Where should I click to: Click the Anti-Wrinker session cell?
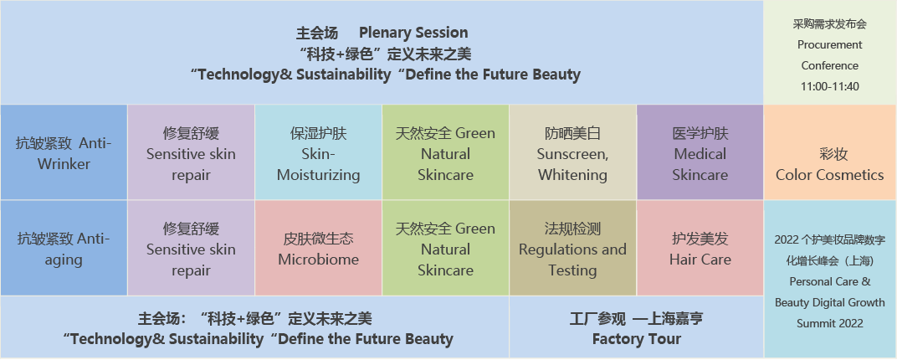pos(64,152)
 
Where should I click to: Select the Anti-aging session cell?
pos(64,248)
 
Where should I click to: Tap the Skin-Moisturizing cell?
pos(318,152)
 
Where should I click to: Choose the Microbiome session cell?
pos(318,248)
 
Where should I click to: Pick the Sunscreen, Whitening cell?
pos(572,152)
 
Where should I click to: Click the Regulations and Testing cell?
pos(572,248)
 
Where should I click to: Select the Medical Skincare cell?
pos(700,152)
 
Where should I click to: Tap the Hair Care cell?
pos(700,248)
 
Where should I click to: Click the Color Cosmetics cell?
pos(830,152)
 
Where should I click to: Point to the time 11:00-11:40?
pos(829,87)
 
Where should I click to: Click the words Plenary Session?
pos(413,33)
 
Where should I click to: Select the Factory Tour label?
pos(637,339)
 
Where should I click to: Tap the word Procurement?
pos(829,44)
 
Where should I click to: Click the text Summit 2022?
pos(829,324)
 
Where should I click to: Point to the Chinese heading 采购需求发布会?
pos(829,24)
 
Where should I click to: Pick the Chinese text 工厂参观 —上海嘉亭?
pos(636,318)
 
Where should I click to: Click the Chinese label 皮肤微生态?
pos(318,239)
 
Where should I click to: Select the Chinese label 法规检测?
pos(572,229)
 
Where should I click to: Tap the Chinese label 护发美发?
pos(700,239)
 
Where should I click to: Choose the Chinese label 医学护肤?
pos(700,134)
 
